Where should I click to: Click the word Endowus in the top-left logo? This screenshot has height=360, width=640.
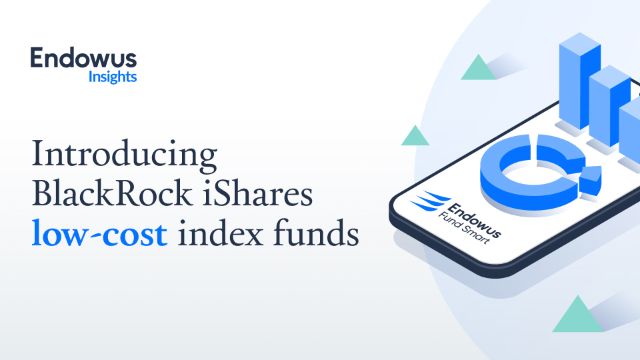click(83, 59)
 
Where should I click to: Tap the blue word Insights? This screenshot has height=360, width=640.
click(113, 77)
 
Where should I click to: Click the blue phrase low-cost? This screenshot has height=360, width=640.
click(99, 235)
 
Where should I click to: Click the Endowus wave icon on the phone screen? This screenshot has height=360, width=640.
click(426, 200)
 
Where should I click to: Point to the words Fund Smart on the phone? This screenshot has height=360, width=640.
click(467, 230)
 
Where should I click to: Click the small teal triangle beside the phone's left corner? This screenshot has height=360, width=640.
click(415, 137)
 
